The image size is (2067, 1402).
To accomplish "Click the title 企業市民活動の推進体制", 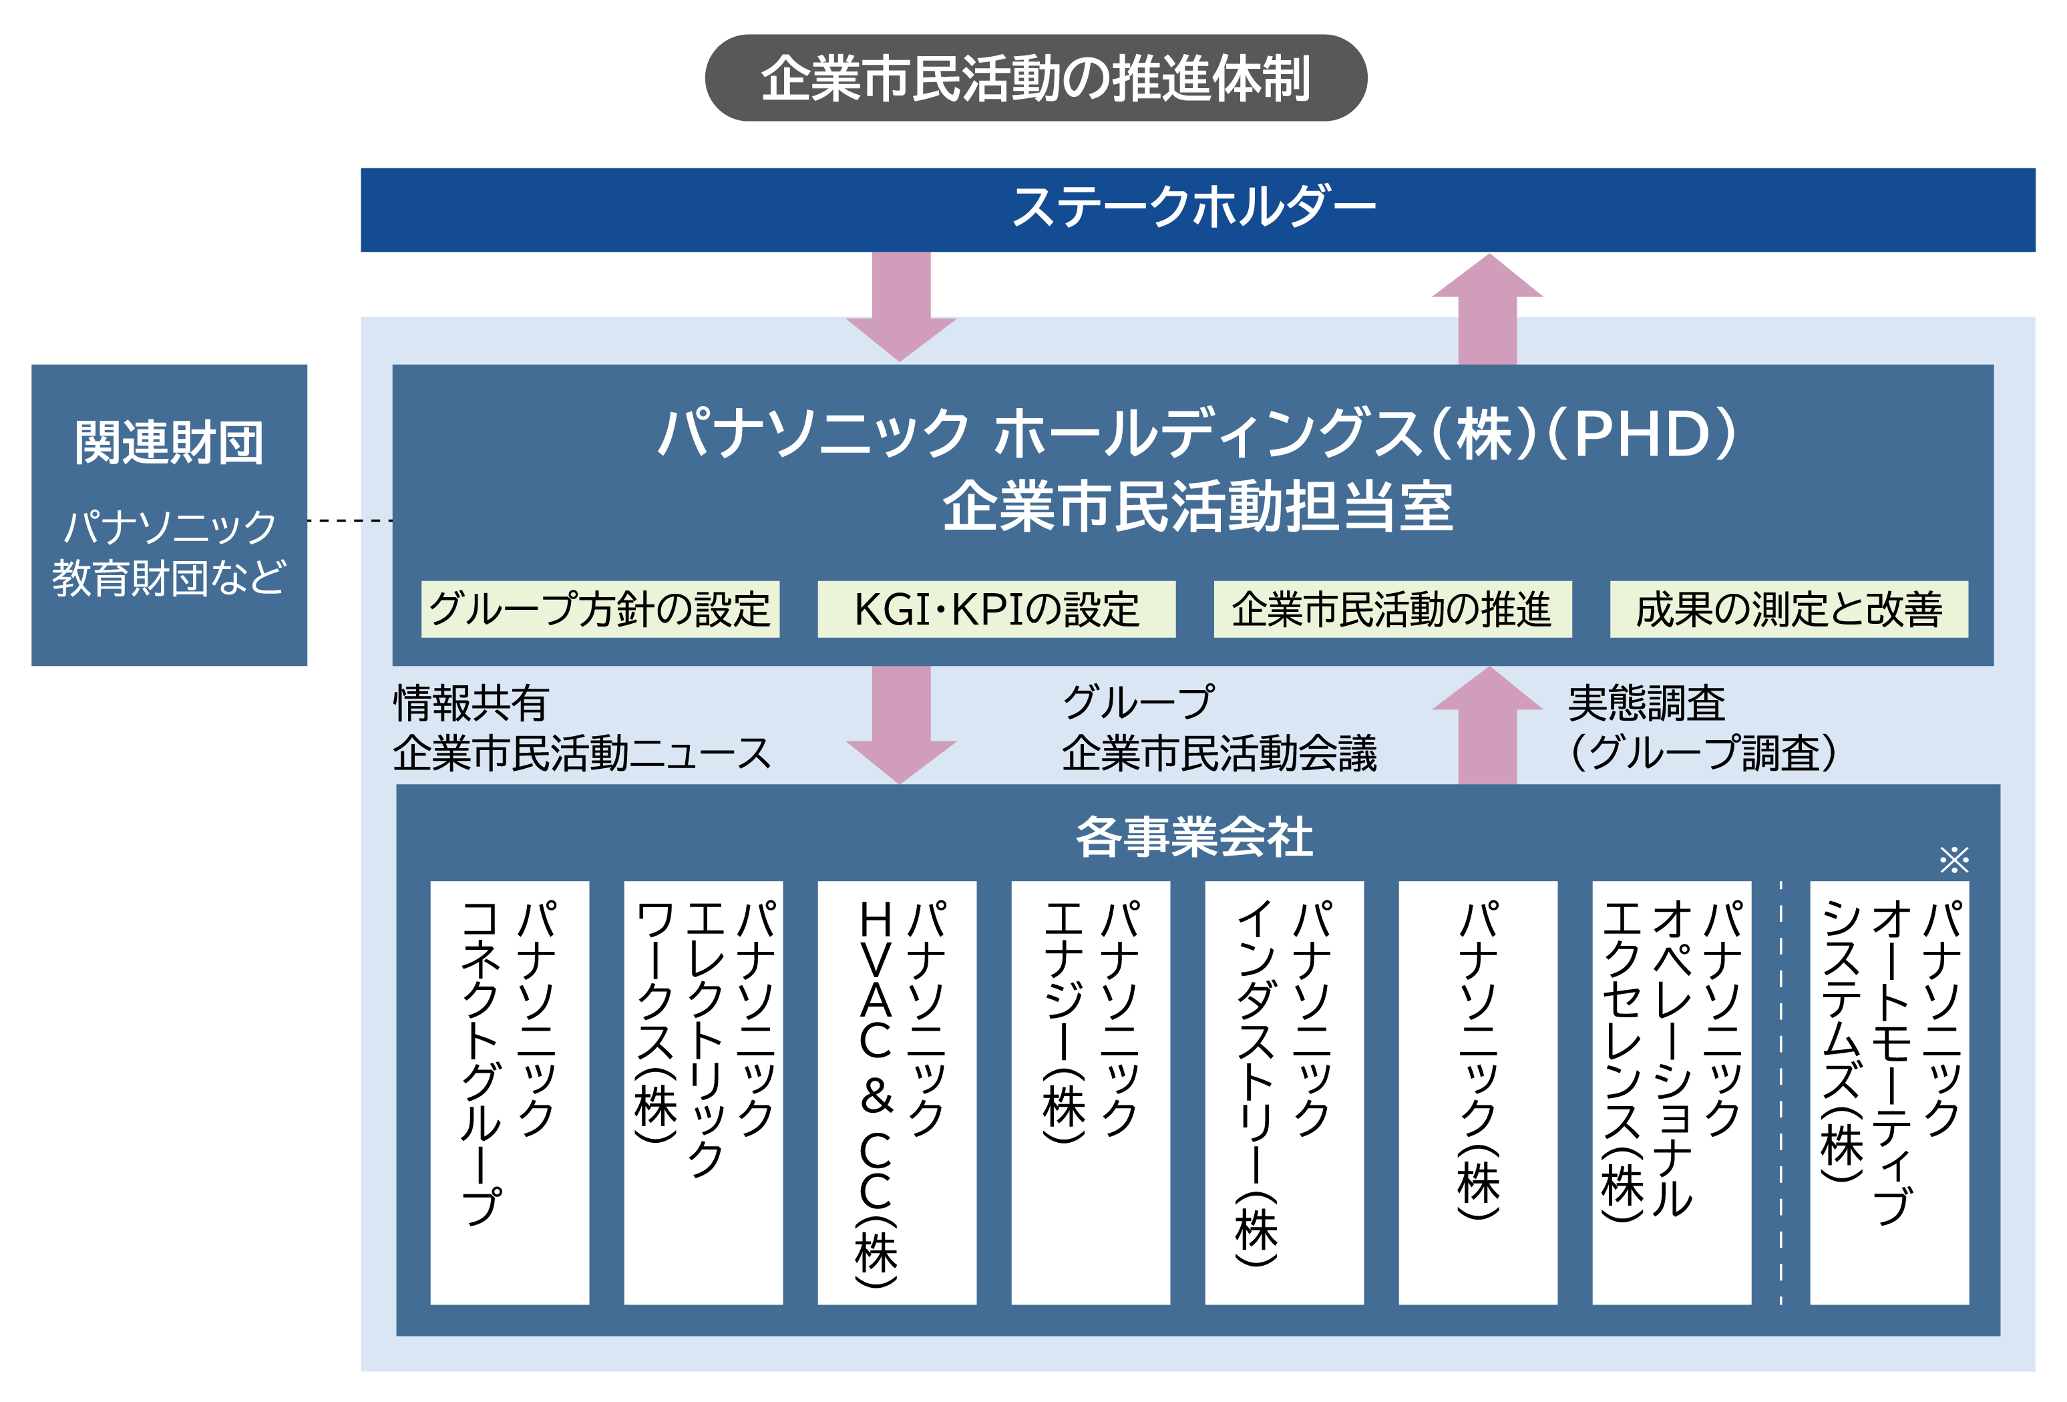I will click(1035, 78).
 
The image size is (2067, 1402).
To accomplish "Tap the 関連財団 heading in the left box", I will click(169, 443).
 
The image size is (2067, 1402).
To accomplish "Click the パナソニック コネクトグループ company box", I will click(510, 1093).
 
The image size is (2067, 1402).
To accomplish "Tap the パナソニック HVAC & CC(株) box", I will click(896, 1093).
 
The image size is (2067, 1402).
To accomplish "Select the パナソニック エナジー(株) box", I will click(1091, 1093).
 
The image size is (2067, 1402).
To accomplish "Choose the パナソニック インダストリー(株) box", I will click(1284, 1093).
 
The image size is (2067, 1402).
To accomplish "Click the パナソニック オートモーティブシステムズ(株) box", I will click(1889, 1093).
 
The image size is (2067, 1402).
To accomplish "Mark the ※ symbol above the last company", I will click(1954, 860).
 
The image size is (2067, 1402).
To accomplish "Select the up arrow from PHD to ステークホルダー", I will click(1487, 311).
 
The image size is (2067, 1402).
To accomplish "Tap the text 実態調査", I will click(1646, 703).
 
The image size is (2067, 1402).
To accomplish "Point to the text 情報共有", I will click(472, 703).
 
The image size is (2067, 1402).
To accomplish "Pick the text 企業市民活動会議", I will click(1219, 753).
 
